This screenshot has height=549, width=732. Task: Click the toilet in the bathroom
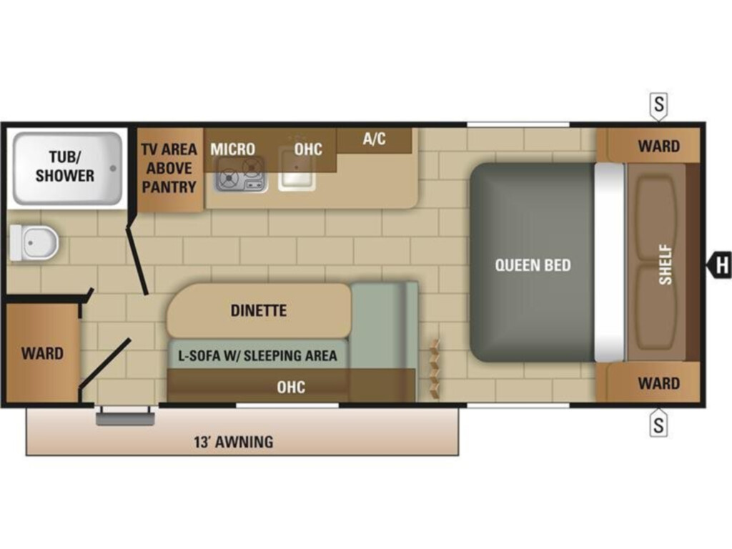(x=34, y=243)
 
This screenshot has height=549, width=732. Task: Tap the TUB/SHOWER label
(x=65, y=166)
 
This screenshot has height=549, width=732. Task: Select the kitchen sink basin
(x=297, y=169)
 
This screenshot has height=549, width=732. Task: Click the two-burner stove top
(x=241, y=174)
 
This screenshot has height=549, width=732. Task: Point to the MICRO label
(x=232, y=149)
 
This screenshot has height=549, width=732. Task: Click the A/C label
(x=375, y=139)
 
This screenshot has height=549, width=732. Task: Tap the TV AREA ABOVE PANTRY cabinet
(x=169, y=169)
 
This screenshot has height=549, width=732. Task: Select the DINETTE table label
(x=259, y=310)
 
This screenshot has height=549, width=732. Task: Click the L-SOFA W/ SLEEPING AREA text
(x=257, y=356)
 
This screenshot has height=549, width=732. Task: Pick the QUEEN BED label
(x=533, y=265)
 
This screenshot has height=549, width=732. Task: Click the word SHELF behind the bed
(x=666, y=264)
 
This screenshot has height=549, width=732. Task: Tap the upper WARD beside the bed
(x=658, y=146)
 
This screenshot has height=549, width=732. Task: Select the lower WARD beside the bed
(x=658, y=383)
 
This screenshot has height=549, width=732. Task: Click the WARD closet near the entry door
(x=42, y=353)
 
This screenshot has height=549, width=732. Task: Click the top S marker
(x=658, y=105)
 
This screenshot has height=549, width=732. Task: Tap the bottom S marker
(x=658, y=424)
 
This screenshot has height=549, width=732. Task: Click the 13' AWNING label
(x=234, y=442)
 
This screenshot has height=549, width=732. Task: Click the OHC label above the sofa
(x=291, y=387)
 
